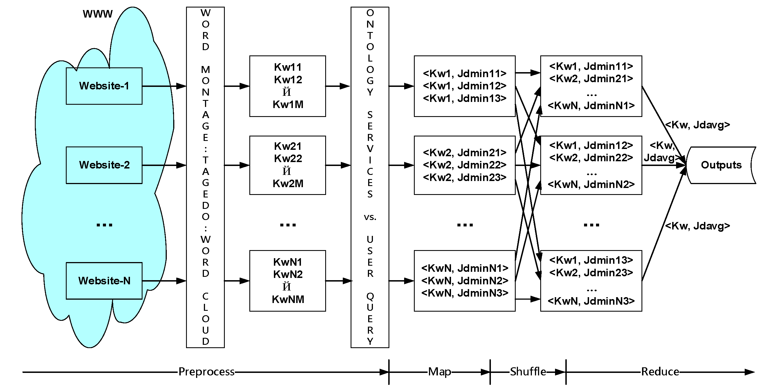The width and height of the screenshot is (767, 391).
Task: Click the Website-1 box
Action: point(104,86)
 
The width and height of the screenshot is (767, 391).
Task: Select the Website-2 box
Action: point(104,165)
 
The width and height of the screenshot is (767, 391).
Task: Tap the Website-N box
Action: point(104,281)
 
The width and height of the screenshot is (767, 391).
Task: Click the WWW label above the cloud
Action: point(98,14)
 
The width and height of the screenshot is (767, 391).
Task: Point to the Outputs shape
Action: point(721,165)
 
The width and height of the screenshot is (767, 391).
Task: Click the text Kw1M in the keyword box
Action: point(288,105)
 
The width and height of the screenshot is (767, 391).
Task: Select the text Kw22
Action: point(288,158)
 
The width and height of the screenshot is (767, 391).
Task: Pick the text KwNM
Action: point(288,299)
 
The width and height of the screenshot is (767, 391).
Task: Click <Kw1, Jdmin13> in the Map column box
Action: point(464,98)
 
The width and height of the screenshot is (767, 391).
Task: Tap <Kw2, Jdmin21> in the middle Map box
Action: point(464,153)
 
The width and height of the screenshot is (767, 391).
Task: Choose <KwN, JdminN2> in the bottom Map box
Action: point(464,281)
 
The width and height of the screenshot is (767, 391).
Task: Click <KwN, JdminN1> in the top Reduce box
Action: point(591,106)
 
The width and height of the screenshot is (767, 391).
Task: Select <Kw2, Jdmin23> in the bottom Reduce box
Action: point(591,273)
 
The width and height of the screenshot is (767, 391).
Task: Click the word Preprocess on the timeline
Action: point(206,372)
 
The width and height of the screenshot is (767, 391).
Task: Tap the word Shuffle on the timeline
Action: point(528,372)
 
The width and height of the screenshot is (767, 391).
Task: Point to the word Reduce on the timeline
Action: point(660,372)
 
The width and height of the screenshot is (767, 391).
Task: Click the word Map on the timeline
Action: point(440,372)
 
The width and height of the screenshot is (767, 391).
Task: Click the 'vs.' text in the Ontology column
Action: point(370,217)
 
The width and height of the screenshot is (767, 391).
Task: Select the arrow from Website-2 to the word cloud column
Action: point(164,165)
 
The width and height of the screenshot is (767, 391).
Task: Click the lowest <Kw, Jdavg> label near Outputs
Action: point(697,226)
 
